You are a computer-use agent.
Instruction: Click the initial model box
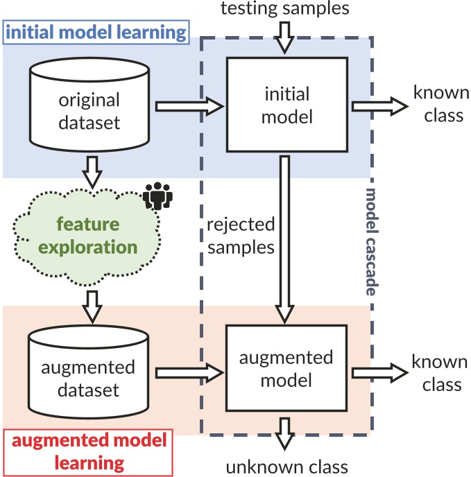point(287,104)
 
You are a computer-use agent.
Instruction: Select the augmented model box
point(286,368)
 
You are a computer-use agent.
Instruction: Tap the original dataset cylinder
point(89,104)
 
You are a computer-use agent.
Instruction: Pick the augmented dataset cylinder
point(88,372)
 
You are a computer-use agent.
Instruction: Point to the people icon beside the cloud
point(157,196)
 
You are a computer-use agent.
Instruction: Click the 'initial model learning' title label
point(96,33)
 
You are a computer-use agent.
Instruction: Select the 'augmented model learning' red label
point(89,452)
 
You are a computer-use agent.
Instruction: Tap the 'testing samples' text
point(284,8)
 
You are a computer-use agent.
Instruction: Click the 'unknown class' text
point(286,467)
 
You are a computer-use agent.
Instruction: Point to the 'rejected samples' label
point(241,236)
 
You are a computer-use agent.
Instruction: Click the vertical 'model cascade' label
point(372,242)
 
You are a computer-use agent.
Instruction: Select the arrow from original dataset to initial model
point(189,107)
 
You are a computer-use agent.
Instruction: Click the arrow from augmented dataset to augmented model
point(189,373)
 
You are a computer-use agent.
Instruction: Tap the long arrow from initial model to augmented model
point(284,239)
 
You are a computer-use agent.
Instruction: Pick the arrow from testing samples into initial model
point(284,37)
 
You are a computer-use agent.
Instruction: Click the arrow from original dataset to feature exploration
point(92,173)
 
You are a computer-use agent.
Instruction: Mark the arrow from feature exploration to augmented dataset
point(92,307)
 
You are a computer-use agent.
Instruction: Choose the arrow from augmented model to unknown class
point(284,434)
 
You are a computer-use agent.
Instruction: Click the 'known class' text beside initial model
point(441,104)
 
